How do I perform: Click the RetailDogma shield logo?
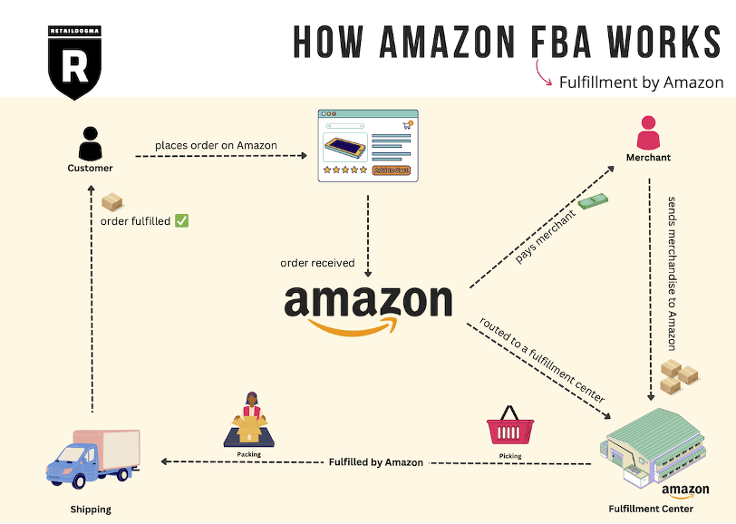pos(74,63)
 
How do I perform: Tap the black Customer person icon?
pos(90,143)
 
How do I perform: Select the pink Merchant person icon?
pos(648,133)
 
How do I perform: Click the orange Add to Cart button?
pos(392,170)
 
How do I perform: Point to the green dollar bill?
pos(593,201)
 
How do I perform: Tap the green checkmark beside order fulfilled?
pos(181,220)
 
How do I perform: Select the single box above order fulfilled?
pos(112,202)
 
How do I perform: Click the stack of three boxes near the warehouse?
pos(679,376)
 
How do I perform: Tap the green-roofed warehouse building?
pos(653,445)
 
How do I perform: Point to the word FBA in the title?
pos(561,43)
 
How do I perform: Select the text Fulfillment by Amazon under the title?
pos(641,82)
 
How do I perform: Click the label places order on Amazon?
pos(216,146)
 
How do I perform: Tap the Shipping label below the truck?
pos(91,509)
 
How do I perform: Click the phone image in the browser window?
pos(345,148)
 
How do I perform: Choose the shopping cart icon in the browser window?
pos(408,125)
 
